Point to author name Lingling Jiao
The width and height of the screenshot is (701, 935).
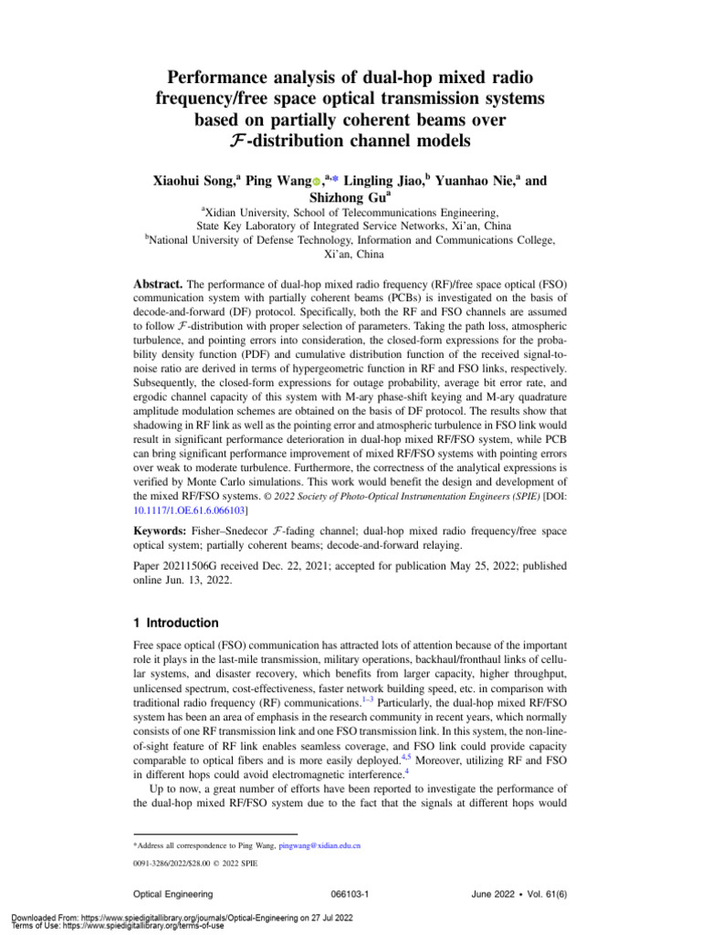coord(387,182)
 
